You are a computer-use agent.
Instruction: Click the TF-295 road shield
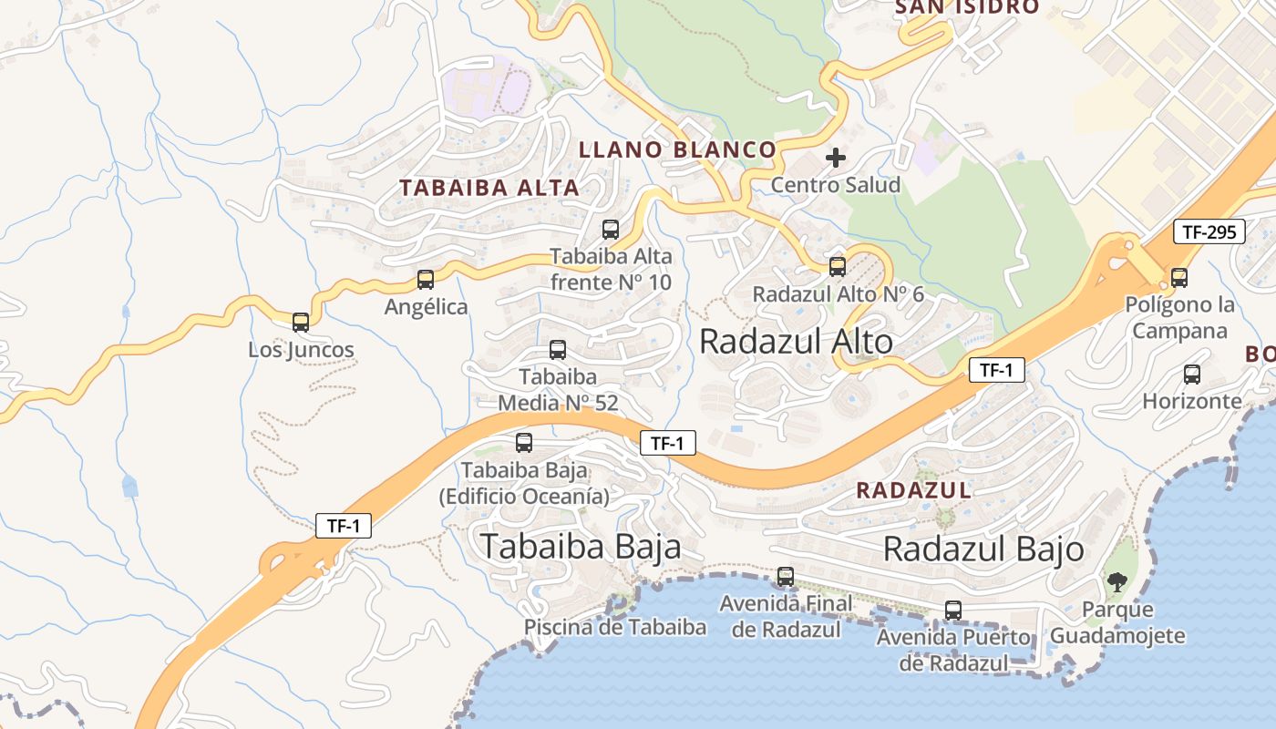pos(1209,231)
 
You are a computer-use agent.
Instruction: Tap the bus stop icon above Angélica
pos(426,280)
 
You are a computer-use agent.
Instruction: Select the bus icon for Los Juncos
pos(301,322)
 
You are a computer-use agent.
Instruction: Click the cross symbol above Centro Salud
pos(835,158)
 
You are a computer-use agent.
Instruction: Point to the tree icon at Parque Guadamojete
pos(1116,581)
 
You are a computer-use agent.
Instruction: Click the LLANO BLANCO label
pos(678,149)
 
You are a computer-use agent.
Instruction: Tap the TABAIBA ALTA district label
pos(489,188)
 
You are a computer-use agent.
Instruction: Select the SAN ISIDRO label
pos(966,7)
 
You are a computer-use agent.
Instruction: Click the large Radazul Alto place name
pos(796,342)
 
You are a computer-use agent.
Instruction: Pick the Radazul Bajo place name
pos(983,549)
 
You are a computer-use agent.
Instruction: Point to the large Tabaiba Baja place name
pos(581,546)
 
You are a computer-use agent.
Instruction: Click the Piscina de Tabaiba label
pos(614,627)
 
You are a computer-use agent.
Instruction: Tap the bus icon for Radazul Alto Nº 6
pos(838,267)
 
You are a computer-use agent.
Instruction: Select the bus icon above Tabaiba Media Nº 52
pos(558,350)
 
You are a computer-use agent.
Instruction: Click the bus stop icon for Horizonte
pos(1191,374)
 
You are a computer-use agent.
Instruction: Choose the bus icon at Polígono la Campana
pos(1179,278)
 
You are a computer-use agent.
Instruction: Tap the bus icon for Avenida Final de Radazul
pos(786,577)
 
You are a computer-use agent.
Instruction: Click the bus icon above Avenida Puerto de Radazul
pos(953,611)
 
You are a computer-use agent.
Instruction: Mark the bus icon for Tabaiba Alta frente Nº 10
pos(611,230)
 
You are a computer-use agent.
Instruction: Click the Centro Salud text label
pos(835,185)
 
